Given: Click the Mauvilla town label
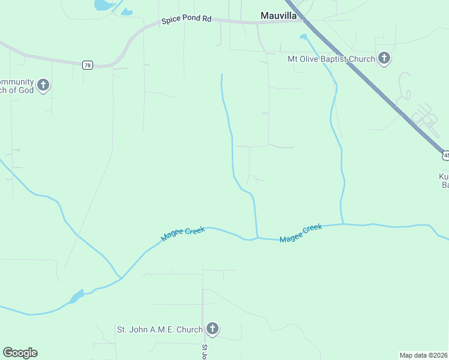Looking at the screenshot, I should pos(279,16).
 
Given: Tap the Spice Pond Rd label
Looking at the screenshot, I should pos(187,20).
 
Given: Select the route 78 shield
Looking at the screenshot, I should pos(88,65).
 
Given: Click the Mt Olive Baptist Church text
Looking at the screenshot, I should pos(331,59).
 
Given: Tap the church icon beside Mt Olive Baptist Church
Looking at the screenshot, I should pos(384,59).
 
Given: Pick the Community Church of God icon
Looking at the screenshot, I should pos(43,85).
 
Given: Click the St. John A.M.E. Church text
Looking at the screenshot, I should pos(160,329).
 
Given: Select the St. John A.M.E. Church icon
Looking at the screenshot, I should pos(212,329).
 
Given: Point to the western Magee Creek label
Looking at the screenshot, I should pos(183,233).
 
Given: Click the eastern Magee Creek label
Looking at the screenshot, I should pos(301,233).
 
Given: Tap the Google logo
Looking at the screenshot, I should pos(20,353).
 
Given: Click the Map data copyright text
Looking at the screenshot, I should pos(424,355).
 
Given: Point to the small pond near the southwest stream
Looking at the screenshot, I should pos(76,296).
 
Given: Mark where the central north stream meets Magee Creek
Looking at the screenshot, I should pos(258,238).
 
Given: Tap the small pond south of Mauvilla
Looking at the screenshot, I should pos(303,37).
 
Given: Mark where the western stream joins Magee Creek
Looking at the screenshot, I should pos(121,278).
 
